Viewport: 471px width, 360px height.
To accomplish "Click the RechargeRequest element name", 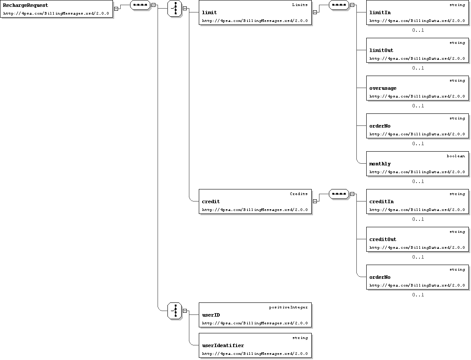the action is point(25,6).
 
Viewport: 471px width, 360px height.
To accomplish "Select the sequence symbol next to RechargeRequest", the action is point(140,5).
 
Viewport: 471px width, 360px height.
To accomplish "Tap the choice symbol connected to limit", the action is point(174,9).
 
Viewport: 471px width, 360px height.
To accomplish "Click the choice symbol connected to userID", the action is point(174,311).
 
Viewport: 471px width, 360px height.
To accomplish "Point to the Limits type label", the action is point(300,5).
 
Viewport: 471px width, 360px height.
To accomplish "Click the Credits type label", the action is point(299,194).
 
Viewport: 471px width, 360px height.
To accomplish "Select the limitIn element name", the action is point(380,12).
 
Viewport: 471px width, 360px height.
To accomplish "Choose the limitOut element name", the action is point(381,51).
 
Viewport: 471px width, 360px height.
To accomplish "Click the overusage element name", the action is point(383,88).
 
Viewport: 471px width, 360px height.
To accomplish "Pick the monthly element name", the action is point(380,164).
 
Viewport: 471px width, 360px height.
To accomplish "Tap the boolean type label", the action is point(456,156).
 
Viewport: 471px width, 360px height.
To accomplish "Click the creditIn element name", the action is point(382,201).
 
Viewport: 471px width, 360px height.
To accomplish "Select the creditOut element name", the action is point(383,240).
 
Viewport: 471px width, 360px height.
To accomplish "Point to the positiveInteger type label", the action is point(289,308).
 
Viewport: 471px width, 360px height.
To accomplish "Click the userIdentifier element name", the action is point(223,345).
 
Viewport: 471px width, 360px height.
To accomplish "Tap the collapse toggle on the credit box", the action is point(315,201).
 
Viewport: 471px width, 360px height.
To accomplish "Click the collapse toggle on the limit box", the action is point(315,12).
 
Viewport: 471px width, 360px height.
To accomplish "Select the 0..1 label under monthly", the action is point(418,181).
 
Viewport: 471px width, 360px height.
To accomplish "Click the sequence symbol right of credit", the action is point(339,194).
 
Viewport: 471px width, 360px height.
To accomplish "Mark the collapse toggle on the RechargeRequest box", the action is point(116,9).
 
